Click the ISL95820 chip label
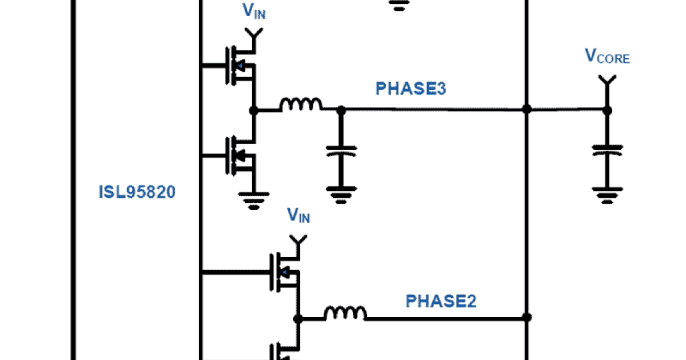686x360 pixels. (x=137, y=193)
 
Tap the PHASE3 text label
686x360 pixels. (x=410, y=89)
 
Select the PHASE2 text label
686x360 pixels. (x=441, y=301)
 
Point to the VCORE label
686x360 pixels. (x=607, y=57)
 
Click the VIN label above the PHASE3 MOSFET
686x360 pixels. (x=254, y=12)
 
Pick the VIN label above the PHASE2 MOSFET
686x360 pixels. (x=298, y=216)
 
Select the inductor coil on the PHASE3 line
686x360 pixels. (x=300, y=105)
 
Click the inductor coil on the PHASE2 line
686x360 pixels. (x=345, y=313)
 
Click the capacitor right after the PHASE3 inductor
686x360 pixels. (x=341, y=151)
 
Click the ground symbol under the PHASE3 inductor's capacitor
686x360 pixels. (x=341, y=196)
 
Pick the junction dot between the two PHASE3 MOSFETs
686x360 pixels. (x=254, y=110)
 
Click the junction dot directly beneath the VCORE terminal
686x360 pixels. (x=607, y=110)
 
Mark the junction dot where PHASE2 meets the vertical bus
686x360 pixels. (x=527, y=317)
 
